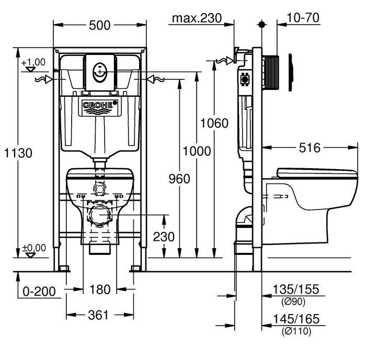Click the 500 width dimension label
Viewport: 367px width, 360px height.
click(x=100, y=24)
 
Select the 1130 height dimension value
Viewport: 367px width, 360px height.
click(x=18, y=153)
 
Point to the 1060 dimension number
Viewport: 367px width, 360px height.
click(x=214, y=123)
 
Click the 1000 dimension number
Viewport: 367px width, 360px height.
click(x=197, y=151)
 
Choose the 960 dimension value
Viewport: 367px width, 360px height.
click(x=179, y=179)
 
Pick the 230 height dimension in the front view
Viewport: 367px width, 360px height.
click(x=164, y=236)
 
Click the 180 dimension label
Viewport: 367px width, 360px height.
click(x=100, y=289)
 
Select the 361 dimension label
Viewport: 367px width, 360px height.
click(x=98, y=315)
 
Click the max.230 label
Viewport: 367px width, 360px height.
click(x=196, y=18)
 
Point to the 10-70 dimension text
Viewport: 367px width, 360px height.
click(x=303, y=18)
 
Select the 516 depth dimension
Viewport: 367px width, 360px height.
click(x=309, y=148)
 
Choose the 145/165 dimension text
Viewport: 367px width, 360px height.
click(x=297, y=319)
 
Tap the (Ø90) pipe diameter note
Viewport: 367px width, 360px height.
click(x=293, y=301)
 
